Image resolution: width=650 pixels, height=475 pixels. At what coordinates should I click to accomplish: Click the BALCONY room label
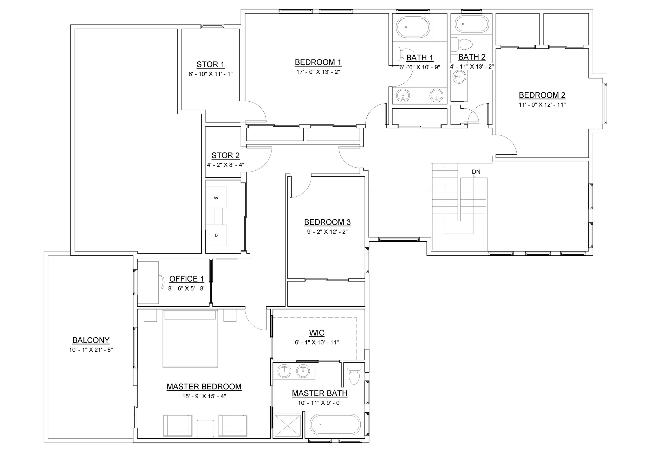(91, 340)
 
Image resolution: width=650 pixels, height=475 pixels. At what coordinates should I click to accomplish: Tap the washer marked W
(216, 197)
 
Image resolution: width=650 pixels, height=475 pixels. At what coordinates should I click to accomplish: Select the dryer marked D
(216, 235)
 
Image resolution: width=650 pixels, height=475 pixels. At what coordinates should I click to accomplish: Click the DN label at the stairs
(476, 172)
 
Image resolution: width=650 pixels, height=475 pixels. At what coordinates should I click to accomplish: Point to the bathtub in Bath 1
(413, 27)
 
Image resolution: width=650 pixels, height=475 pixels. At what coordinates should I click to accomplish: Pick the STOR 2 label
(225, 156)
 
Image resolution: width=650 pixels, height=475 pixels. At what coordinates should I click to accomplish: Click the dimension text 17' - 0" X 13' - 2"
(318, 72)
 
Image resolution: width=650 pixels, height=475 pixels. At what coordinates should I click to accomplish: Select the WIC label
(316, 333)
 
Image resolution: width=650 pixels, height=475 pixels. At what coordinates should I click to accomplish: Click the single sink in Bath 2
(459, 77)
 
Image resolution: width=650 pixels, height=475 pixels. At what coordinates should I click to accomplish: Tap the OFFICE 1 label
(186, 279)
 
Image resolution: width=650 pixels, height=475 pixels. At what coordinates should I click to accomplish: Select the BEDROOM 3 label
(327, 222)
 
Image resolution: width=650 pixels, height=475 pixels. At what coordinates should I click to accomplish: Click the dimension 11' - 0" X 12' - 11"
(542, 105)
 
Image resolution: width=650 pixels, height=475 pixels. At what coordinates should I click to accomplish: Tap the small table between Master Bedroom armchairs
(205, 428)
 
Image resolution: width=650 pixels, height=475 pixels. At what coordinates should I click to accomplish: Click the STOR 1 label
(210, 64)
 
